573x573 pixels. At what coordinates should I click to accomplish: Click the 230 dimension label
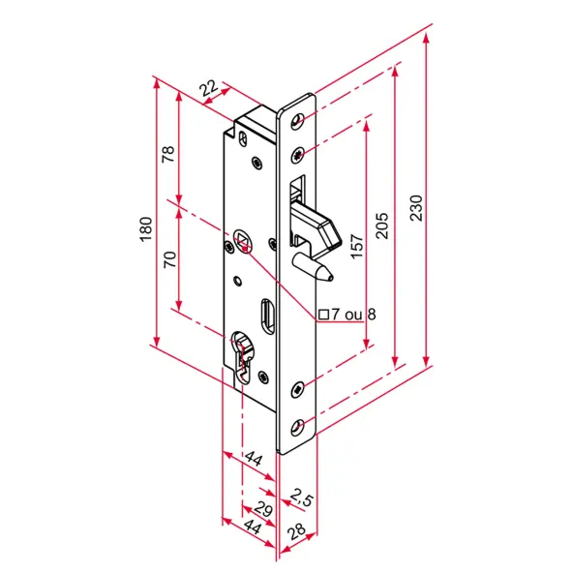click(416, 208)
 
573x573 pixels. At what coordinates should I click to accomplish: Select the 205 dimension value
click(382, 226)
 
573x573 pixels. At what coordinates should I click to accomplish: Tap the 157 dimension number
click(357, 247)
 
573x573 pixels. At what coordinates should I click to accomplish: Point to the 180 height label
click(146, 229)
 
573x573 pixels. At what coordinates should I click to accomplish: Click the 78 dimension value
click(168, 154)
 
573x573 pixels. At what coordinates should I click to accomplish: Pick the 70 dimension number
click(169, 259)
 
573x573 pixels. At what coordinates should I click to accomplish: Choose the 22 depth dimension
click(209, 88)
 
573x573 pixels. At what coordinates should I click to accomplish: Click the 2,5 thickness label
click(302, 498)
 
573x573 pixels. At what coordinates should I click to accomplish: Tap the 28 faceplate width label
click(296, 531)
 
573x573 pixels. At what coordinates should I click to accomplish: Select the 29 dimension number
click(263, 509)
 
